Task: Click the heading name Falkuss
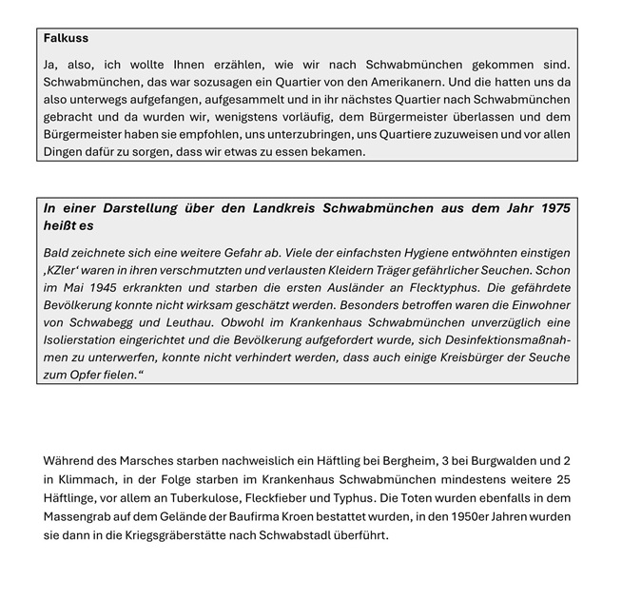(66, 39)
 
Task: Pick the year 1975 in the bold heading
(553, 208)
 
